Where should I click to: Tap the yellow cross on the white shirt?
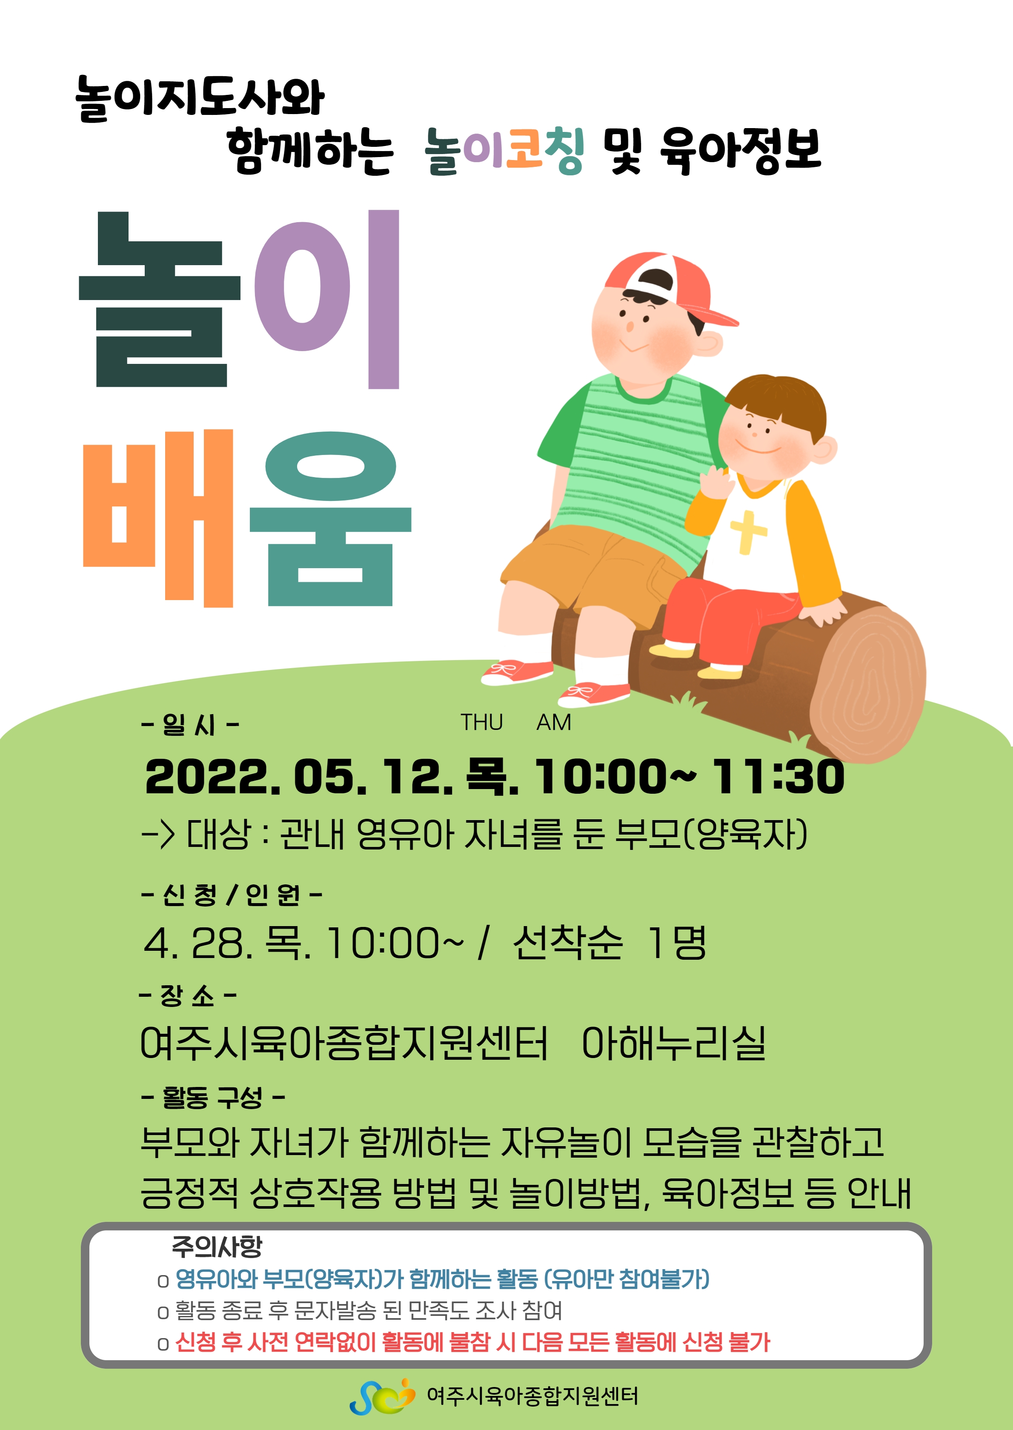click(x=747, y=531)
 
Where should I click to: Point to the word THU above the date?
click(x=481, y=722)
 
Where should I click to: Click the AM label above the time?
click(x=554, y=722)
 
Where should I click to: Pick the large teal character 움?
click(x=331, y=519)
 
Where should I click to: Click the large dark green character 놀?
click(x=160, y=299)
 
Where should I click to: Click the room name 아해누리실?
click(x=674, y=1043)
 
